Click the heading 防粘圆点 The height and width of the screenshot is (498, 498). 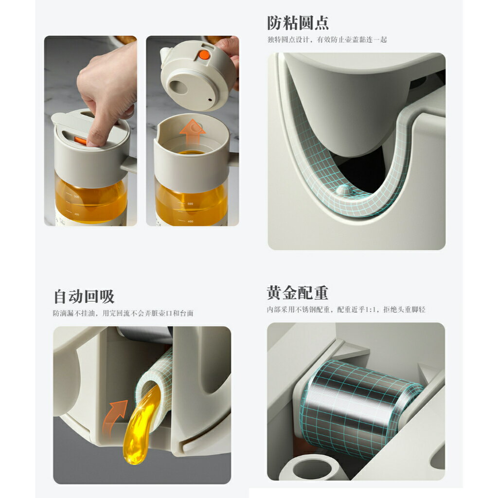point(298,23)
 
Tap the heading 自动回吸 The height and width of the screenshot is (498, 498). point(84,296)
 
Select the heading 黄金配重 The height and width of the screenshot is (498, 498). point(298,293)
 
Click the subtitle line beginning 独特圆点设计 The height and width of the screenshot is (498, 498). point(327,40)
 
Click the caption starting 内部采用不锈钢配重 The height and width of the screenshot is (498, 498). point(346,309)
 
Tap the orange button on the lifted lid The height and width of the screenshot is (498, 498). point(204,55)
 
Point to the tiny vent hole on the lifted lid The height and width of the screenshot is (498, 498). point(210,99)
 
